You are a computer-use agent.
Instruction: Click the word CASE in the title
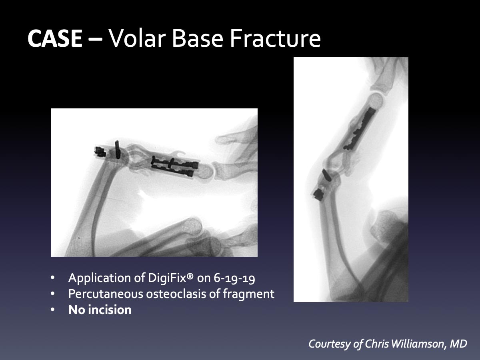pos(55,38)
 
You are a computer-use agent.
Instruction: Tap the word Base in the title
pos(198,38)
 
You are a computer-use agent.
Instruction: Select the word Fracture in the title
pos(275,38)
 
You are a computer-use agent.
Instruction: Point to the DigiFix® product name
pos(170,278)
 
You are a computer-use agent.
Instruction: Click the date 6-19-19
pos(234,278)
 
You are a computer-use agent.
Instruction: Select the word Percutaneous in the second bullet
pos(106,294)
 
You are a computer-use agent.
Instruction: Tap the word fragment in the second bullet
pos(248,294)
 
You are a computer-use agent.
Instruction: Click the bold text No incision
pos(100,310)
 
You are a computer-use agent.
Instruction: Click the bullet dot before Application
pos(52,278)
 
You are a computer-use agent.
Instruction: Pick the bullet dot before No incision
pos(52,310)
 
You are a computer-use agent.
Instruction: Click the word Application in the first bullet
pos(106,278)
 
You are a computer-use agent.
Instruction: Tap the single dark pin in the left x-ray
pos(117,149)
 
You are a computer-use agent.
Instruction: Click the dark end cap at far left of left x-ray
pos(100,152)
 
